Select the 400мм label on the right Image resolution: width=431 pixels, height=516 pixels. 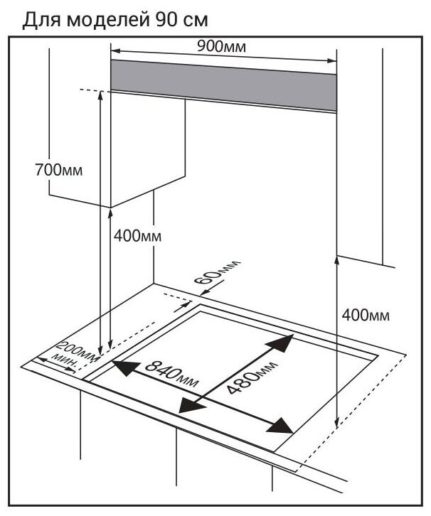point(366,315)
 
